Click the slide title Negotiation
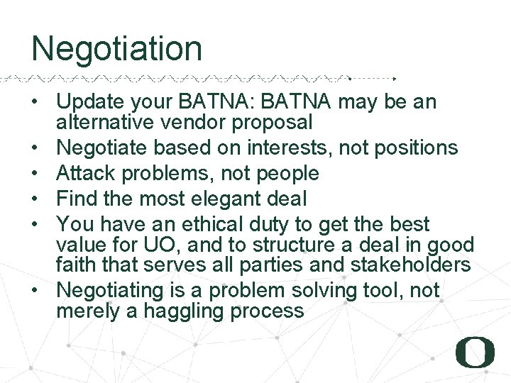pos(116,49)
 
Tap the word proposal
pos(274,123)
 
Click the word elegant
pos(224,199)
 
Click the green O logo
pos(475,353)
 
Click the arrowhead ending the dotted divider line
pos(395,78)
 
